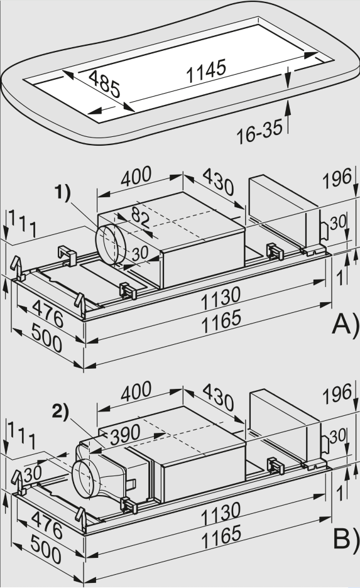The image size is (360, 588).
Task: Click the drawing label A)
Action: click(345, 324)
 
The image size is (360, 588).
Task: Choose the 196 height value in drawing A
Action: click(337, 180)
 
